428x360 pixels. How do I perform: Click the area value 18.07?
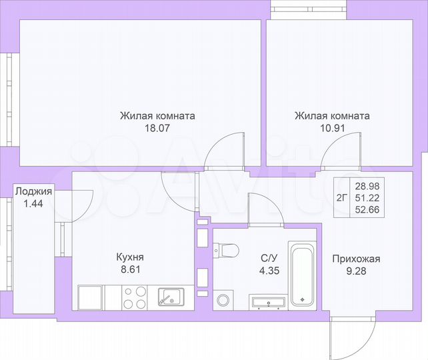pyautogui.click(x=157, y=129)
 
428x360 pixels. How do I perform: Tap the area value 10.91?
pyautogui.click(x=332, y=129)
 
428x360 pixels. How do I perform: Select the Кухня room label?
pyautogui.click(x=130, y=257)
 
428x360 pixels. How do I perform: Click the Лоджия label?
pyautogui.click(x=33, y=192)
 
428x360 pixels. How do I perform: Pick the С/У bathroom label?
pyautogui.click(x=268, y=257)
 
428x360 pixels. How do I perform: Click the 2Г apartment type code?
pyautogui.click(x=342, y=197)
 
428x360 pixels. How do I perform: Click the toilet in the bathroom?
pyautogui.click(x=227, y=251)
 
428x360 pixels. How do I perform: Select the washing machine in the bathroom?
pyautogui.click(x=223, y=299)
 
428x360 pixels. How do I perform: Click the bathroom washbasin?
pyautogui.click(x=268, y=302)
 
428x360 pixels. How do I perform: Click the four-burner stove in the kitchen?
pyautogui.click(x=136, y=297)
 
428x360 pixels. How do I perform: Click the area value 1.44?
pyautogui.click(x=33, y=204)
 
